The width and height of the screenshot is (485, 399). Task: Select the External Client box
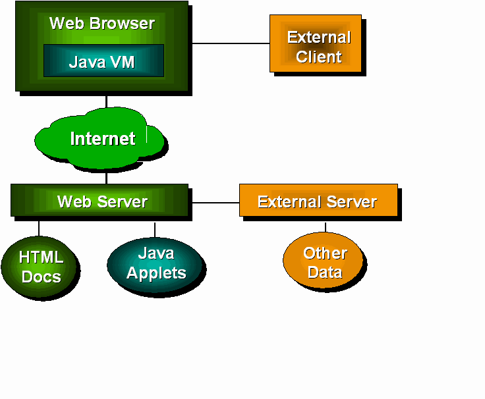[x=316, y=43]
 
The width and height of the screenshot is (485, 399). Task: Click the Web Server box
[x=100, y=201]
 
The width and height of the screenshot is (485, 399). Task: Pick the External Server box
[x=318, y=201]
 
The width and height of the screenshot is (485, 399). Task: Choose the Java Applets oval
[x=156, y=264]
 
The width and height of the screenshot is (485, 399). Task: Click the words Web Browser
[x=102, y=24]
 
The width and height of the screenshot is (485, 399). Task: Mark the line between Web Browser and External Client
[x=231, y=43]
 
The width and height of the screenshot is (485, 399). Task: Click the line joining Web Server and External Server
[x=215, y=202]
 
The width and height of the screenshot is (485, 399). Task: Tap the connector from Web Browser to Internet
[x=106, y=101]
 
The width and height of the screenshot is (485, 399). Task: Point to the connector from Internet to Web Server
[x=106, y=177]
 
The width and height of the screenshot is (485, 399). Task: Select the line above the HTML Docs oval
[x=39, y=228]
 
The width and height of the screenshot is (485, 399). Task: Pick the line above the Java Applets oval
[x=155, y=229]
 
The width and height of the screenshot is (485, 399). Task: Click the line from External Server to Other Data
[x=325, y=226]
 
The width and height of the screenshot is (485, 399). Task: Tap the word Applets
[x=156, y=273]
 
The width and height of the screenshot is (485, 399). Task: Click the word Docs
[x=41, y=277]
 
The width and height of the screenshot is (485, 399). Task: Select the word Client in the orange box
[x=319, y=57]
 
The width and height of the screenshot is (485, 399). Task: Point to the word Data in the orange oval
[x=325, y=272]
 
